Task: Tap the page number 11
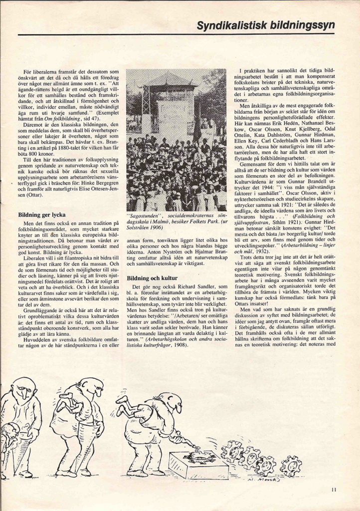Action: (334, 490)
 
